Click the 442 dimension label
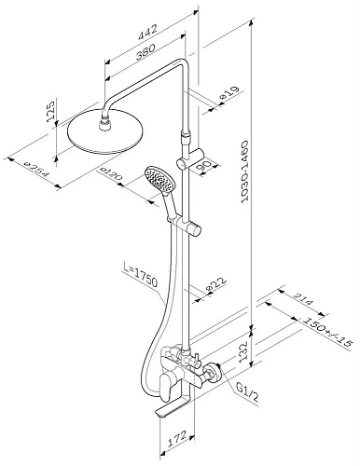[x=148, y=31]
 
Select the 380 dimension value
[x=145, y=51]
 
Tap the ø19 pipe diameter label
[x=229, y=92]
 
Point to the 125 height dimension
[x=50, y=110]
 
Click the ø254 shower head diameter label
[x=36, y=169]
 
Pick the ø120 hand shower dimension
[x=111, y=174]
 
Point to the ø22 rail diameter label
[x=216, y=283]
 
